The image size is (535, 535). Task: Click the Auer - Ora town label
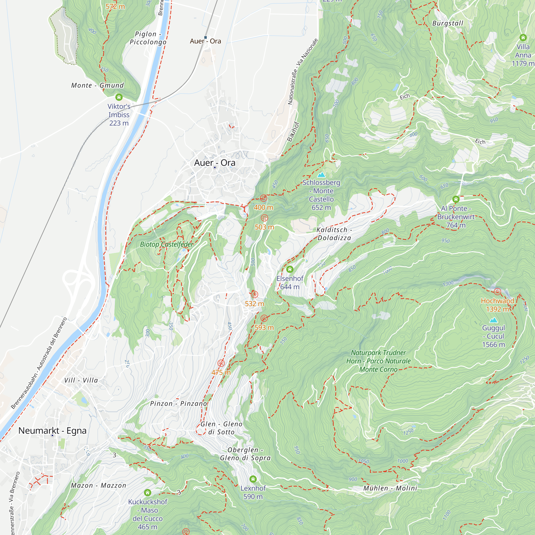tap(215, 163)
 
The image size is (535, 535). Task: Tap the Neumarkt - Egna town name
tap(52, 431)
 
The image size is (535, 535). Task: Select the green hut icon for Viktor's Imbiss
tap(119, 97)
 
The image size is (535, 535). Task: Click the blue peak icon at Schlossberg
tap(321, 175)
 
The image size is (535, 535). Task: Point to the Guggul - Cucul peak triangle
tap(493, 321)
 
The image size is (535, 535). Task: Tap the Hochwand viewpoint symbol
tap(497, 292)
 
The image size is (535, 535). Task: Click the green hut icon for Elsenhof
tap(290, 269)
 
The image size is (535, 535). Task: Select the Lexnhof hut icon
tap(253, 479)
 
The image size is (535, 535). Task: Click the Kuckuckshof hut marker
tap(148, 493)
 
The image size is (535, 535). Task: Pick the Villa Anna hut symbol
tap(523, 37)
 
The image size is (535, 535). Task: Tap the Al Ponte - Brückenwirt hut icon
tap(456, 199)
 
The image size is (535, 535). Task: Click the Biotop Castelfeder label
tap(166, 244)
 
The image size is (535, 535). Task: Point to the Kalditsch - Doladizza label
tap(334, 234)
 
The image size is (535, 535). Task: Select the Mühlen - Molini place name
tap(390, 488)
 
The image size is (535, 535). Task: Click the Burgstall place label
tap(448, 23)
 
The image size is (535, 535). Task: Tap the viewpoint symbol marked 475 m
tap(221, 363)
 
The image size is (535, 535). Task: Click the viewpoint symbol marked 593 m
tap(264, 318)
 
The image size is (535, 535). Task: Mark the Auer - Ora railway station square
tap(205, 37)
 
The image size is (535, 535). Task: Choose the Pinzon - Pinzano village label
tap(179, 403)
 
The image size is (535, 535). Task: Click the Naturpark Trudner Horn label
tap(378, 361)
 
